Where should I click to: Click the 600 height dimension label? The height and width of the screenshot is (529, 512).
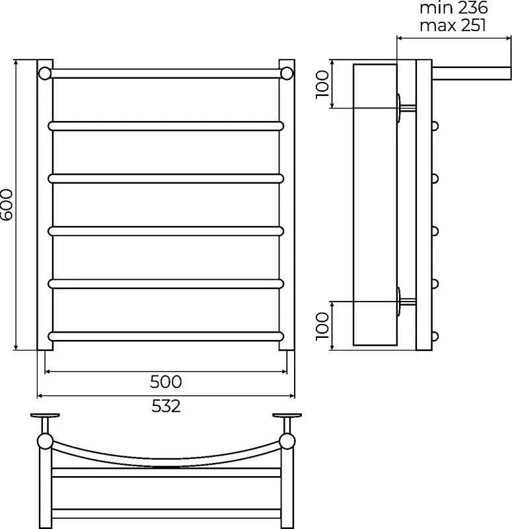coord(7,204)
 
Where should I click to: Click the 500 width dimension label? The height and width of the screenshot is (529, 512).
coord(166,382)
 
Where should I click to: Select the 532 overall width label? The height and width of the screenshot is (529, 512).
coord(166,406)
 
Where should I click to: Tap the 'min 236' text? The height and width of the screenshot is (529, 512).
coord(453,8)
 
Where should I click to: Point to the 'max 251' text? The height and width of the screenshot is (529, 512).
coord(453,25)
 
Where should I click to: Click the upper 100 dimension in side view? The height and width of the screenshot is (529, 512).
coord(322,85)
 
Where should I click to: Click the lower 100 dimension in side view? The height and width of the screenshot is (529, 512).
coord(322,326)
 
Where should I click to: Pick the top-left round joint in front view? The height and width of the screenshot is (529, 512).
coord(45,73)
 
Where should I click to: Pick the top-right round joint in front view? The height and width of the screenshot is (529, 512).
coord(287,73)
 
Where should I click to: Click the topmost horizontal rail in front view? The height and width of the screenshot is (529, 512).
coord(166,73)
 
